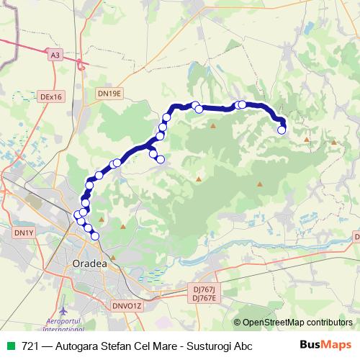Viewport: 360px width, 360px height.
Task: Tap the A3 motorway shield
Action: tap(55, 54)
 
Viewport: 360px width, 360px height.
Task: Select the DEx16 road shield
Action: tap(52, 96)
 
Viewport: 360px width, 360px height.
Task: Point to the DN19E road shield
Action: tap(110, 94)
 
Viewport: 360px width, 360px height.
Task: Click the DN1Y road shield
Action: tap(24, 233)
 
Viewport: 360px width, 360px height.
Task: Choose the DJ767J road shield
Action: tap(205, 289)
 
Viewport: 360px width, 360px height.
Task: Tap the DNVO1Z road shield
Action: tap(128, 306)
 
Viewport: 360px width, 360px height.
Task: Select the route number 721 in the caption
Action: tap(30, 346)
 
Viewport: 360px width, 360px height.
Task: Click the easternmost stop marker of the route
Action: tap(282, 130)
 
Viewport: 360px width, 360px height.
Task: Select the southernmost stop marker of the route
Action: tap(95, 235)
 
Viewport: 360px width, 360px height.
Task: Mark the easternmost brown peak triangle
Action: tap(334, 142)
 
